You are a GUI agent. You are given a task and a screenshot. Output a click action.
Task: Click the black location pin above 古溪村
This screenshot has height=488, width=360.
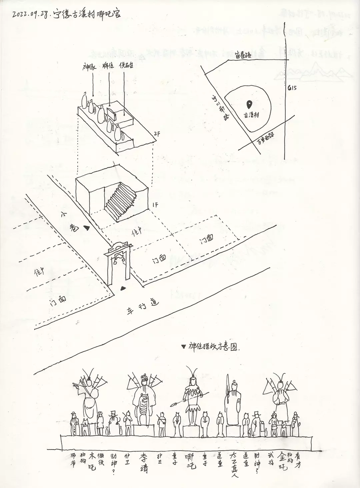249,104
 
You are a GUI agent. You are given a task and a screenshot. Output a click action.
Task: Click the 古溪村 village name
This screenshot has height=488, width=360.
251,114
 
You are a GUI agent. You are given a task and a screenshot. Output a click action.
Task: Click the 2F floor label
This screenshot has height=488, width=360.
157,133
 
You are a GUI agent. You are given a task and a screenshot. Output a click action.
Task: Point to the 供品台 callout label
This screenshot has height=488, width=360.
126,66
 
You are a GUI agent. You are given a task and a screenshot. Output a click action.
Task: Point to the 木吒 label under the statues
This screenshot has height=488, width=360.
92,460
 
